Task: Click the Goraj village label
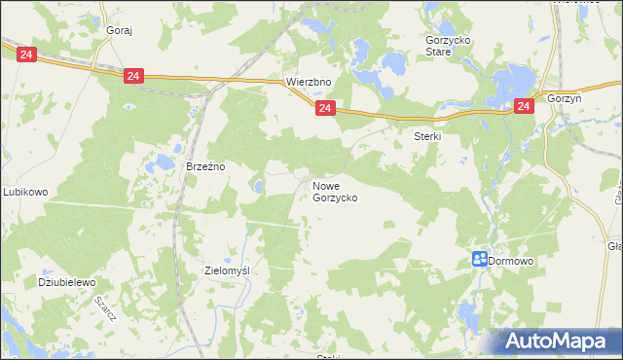pyautogui.click(x=119, y=30)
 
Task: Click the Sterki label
pyautogui.click(x=428, y=137)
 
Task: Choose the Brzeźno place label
pyautogui.click(x=205, y=166)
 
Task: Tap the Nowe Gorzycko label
pyautogui.click(x=335, y=191)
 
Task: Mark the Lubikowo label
pyautogui.click(x=25, y=192)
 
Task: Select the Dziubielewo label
pyautogui.click(x=66, y=282)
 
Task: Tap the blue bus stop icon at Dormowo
pyautogui.click(x=479, y=259)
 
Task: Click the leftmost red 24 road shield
pyautogui.click(x=26, y=55)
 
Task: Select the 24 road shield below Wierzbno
pyautogui.click(x=325, y=108)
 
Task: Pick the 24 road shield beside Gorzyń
pyautogui.click(x=524, y=107)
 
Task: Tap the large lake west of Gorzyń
pyautogui.click(x=511, y=84)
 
